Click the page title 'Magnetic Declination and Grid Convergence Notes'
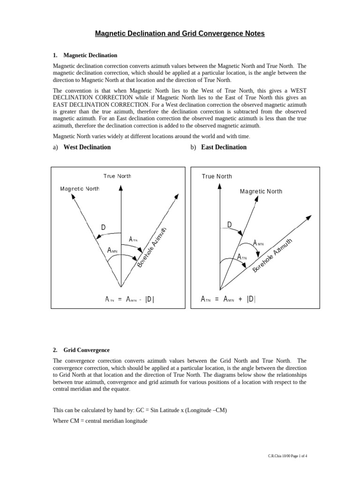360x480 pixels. click(180, 34)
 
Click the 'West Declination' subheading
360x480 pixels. click(87, 147)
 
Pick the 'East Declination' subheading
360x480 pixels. click(224, 147)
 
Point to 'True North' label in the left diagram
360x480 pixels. click(117, 176)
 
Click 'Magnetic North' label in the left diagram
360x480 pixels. click(80, 189)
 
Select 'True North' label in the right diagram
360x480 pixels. click(217, 176)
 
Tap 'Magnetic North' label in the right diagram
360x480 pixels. click(261, 191)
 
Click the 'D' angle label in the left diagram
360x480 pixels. click(103, 228)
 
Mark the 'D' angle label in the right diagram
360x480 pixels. click(230, 225)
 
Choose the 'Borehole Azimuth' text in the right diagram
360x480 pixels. click(272, 255)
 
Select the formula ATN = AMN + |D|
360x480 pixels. click(228, 299)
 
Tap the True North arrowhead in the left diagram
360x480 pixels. click(121, 187)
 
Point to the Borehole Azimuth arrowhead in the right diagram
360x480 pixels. click(309, 217)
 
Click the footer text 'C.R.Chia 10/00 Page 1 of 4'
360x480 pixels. click(287, 456)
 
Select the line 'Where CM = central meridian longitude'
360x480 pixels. click(100, 421)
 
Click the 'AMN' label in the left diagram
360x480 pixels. click(112, 251)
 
